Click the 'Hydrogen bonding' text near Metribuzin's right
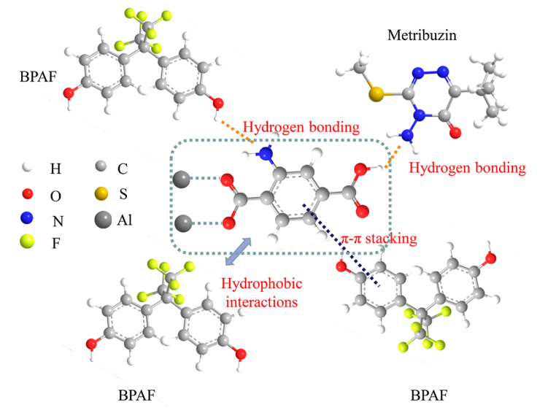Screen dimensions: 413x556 pos(467,168)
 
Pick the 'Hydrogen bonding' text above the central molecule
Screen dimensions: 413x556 pos(301,126)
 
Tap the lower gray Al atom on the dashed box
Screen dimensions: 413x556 pos(182,223)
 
